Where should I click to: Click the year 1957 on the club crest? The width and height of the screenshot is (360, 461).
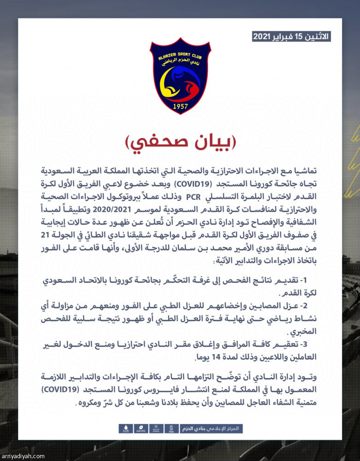(180, 105)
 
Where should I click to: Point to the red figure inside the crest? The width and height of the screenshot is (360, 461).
(190, 89)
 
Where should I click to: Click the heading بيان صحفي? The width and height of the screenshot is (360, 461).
(180, 143)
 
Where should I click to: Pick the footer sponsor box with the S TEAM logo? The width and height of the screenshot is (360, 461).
(171, 429)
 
